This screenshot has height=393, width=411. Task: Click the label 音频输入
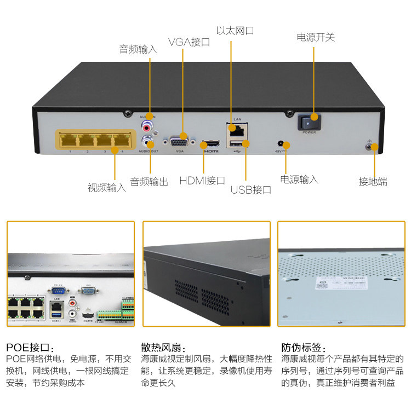point(138,49)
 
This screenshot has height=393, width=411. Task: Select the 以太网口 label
point(235,31)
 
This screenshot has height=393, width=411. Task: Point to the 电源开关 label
point(316,37)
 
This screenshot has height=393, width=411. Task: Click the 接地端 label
point(373,182)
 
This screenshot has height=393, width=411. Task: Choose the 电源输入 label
point(299,180)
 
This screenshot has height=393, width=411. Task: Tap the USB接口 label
point(251,190)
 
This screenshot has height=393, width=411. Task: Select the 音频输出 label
point(149,182)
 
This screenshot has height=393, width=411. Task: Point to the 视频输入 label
point(107,188)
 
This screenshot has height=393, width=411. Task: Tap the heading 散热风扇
point(163,348)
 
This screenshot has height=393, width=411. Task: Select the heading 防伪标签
point(304,348)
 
